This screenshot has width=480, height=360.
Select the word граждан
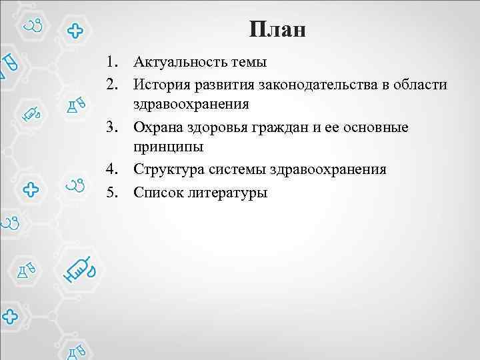pyautogui.click(x=281, y=127)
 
